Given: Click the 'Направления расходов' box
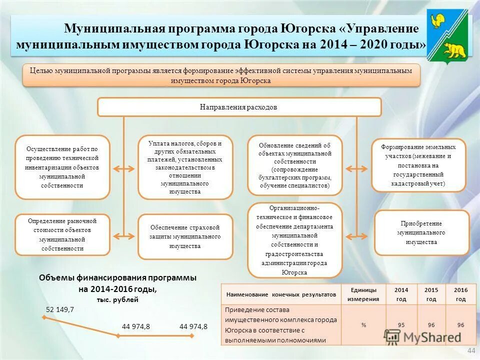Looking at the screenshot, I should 239,107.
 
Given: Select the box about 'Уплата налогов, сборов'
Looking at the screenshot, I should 185,167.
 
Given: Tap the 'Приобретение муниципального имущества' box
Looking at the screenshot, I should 421,233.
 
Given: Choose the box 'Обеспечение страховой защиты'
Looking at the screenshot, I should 185,236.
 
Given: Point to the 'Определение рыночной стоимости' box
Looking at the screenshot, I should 62,234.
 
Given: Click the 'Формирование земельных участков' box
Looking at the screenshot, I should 418,165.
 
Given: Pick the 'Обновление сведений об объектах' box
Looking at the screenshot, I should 295,165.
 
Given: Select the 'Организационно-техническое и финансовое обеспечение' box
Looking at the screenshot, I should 295,240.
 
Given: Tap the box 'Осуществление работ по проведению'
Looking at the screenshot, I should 62,167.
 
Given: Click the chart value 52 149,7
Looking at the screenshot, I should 60,309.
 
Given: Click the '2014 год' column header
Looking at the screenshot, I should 401,294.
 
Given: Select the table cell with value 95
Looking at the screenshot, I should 401,325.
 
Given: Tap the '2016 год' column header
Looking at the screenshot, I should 460,294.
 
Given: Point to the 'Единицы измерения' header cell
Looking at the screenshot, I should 363,294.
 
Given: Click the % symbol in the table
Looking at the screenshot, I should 363,325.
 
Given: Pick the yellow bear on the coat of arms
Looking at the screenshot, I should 454,49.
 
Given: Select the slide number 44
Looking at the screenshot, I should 470,351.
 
